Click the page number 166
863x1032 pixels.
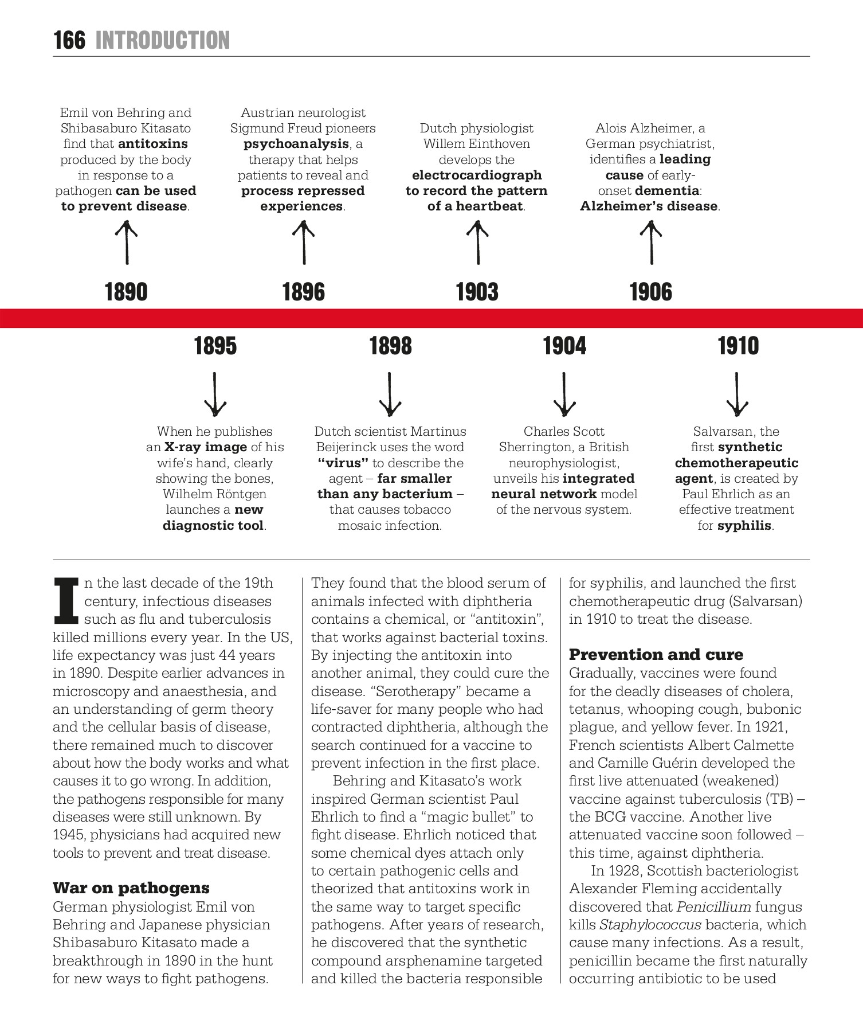coord(69,41)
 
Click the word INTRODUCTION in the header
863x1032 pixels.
coord(163,41)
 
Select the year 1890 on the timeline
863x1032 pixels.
coord(126,292)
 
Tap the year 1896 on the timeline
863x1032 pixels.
coord(303,292)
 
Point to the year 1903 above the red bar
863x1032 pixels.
coord(477,292)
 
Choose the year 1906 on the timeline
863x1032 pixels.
coord(651,292)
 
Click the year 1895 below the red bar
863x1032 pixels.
coord(215,346)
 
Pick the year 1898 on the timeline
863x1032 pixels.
coord(390,346)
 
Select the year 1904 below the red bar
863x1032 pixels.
coord(564,346)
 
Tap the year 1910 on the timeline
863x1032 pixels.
coord(738,346)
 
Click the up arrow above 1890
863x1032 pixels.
coord(127,243)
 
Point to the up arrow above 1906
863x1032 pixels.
coord(651,243)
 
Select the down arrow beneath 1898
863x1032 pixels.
coord(390,394)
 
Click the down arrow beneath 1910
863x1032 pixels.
coord(737,394)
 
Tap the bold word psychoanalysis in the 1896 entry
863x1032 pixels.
coord(296,144)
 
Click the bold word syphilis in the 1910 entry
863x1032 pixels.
coord(744,526)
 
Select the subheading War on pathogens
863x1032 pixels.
coord(131,888)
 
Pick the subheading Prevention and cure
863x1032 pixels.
coord(656,655)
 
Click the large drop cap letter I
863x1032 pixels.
coord(66,601)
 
